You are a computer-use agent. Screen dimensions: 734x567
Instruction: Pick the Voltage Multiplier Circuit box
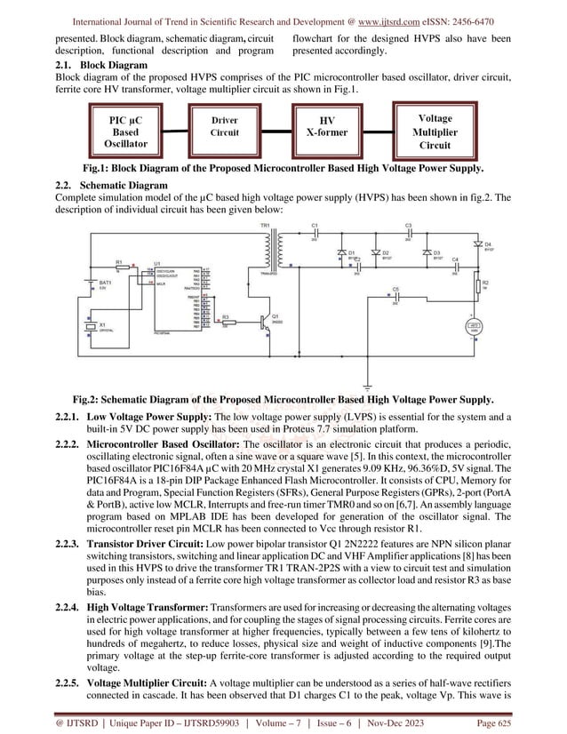(x=435, y=131)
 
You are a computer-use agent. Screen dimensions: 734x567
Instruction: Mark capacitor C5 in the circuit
(x=395, y=297)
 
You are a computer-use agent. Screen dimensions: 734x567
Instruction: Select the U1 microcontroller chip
(x=179, y=299)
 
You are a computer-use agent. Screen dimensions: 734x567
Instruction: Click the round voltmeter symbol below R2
(x=474, y=329)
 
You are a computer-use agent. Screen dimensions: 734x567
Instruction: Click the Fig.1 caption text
(x=283, y=168)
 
